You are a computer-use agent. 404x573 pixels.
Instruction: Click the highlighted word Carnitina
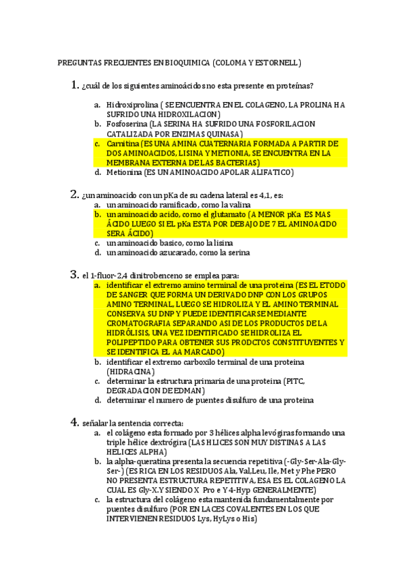click(123, 144)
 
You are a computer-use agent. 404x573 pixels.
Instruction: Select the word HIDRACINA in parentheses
click(131, 372)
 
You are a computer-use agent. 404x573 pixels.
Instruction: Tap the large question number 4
click(75, 422)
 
